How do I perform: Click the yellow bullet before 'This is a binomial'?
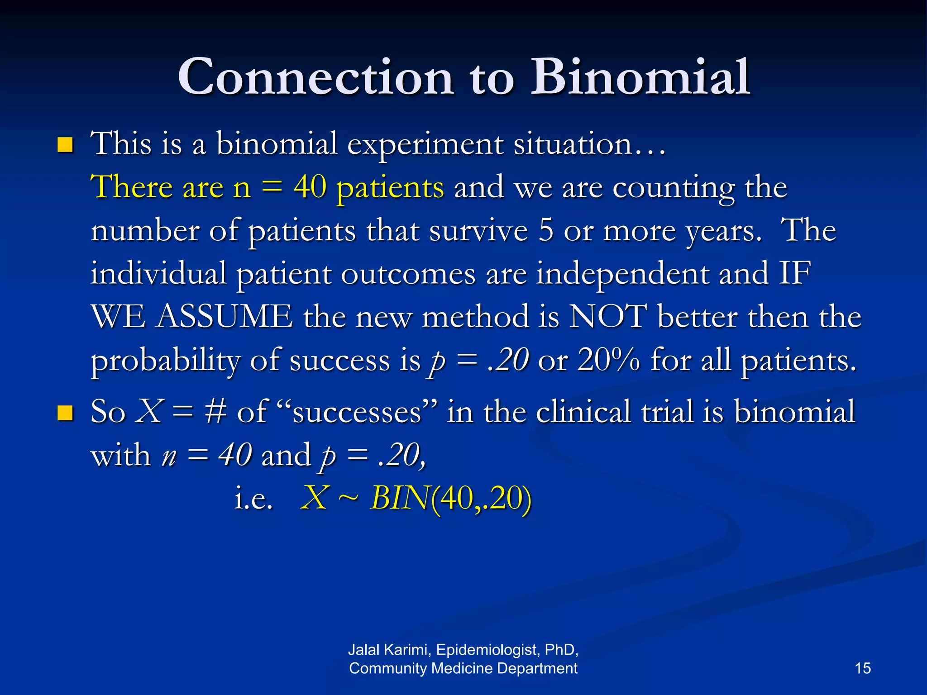(x=66, y=145)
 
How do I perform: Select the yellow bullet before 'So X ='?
(x=66, y=413)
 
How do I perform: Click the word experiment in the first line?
(x=425, y=145)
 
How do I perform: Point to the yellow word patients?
(x=390, y=187)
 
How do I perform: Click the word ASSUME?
(x=225, y=317)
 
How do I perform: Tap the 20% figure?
(x=609, y=360)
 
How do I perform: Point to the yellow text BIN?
(x=399, y=499)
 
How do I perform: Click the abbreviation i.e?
(x=253, y=499)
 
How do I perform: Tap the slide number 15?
(x=863, y=668)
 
